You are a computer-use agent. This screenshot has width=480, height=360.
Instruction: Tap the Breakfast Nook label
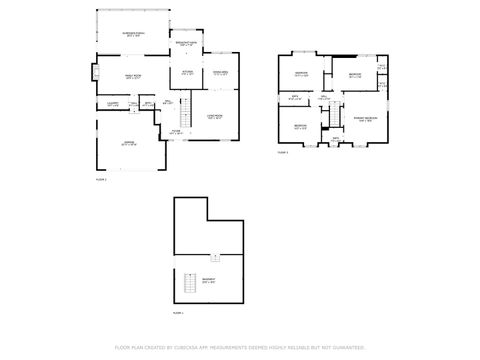(186, 44)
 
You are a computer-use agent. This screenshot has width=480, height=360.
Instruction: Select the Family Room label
(132, 77)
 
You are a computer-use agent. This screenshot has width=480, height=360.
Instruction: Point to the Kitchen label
(187, 73)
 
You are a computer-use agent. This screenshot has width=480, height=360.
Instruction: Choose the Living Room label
(215, 116)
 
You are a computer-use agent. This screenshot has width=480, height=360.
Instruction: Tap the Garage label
(128, 143)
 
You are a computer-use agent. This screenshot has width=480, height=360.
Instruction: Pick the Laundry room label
(113, 104)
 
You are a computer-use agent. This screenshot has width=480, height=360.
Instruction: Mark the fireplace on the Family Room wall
(96, 72)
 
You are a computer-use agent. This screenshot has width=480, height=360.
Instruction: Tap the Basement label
(208, 280)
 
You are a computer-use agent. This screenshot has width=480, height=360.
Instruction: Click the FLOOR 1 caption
(179, 314)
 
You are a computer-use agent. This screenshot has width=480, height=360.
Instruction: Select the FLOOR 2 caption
(100, 179)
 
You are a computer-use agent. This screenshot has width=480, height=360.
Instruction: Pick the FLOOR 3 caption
(283, 153)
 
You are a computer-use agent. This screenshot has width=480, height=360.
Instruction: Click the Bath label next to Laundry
(147, 103)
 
